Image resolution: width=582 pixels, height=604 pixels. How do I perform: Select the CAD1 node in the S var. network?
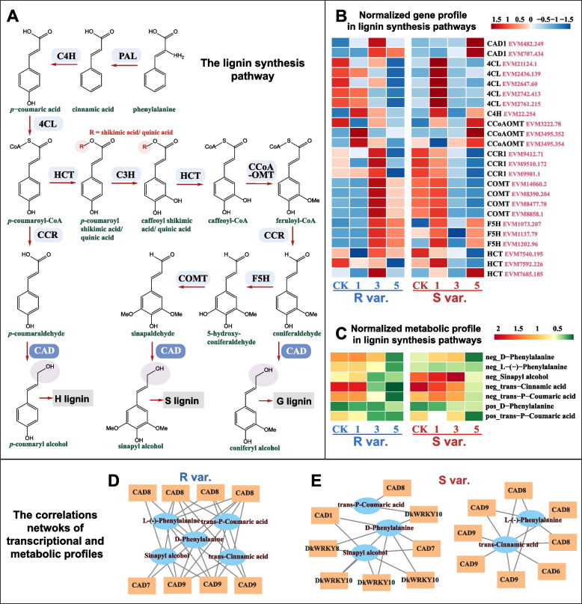click(325, 515)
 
